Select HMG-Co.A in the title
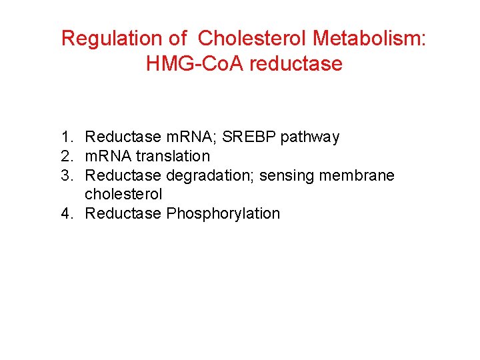click(188, 64)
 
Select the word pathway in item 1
click(310, 138)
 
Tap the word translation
click(173, 157)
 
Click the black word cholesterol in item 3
click(123, 195)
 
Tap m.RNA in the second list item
click(109, 157)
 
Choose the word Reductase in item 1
click(123, 137)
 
